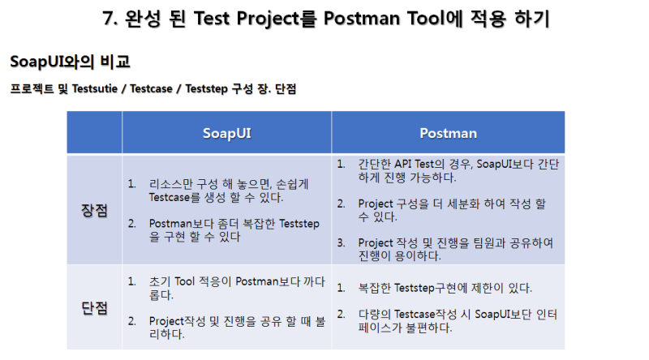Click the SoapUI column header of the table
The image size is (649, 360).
click(227, 133)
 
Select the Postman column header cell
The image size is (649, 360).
click(448, 133)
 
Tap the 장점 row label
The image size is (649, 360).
click(94, 210)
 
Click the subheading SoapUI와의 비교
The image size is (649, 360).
click(70, 62)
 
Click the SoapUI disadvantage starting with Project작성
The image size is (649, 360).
click(235, 327)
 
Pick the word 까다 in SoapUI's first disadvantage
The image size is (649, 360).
click(313, 282)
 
